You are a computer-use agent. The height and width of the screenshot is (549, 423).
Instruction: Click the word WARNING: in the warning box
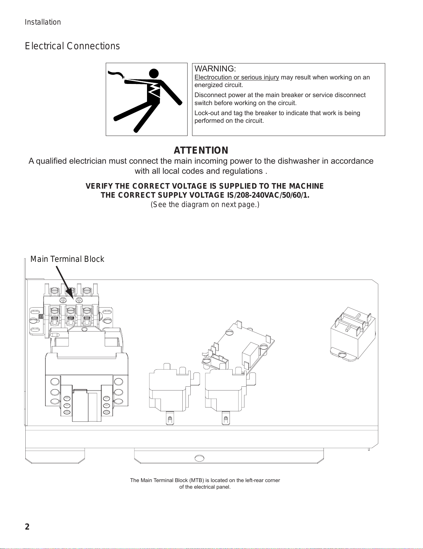[215, 69]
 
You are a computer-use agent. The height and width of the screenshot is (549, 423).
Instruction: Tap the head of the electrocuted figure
[154, 74]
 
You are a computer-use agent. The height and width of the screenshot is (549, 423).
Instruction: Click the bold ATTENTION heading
[201, 150]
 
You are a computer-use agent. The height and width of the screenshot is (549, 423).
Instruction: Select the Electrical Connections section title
[72, 46]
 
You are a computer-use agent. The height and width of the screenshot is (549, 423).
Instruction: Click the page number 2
[27, 527]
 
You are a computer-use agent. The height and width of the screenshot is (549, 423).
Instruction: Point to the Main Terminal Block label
[67, 259]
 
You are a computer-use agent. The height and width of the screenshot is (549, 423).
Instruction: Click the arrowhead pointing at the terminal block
[71, 296]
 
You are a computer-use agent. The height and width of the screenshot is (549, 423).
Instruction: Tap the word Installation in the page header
[43, 22]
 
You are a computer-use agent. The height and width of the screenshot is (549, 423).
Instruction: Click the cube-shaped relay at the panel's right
[353, 334]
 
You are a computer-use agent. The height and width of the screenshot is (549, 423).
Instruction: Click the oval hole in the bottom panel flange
[199, 458]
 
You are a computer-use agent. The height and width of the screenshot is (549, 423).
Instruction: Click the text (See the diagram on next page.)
[205, 204]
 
